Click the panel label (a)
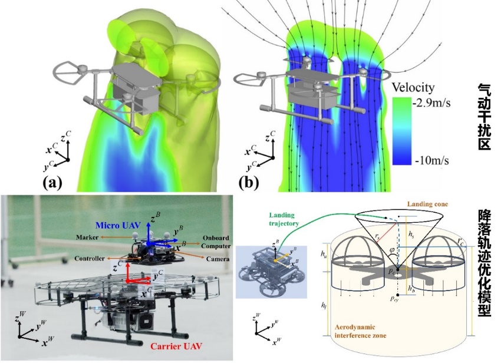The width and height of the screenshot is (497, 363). click(x=51, y=183)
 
